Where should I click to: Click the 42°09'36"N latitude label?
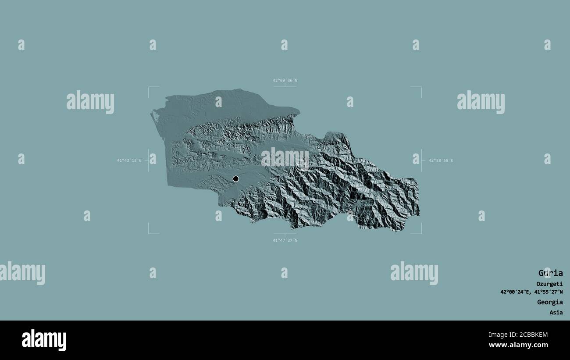click(285, 80)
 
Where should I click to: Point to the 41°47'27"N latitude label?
click(285, 240)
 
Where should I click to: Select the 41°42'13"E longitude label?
click(129, 160)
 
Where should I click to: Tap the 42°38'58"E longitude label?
click(441, 160)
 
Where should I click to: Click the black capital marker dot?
click(236, 178)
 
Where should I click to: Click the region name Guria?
click(550, 273)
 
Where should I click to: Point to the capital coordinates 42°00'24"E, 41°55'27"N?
click(531, 292)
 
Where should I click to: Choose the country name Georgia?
click(550, 302)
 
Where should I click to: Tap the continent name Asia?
click(556, 313)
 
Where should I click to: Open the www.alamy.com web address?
click(518, 345)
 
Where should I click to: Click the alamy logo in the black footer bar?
click(44, 340)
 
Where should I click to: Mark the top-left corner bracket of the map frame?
click(149, 87)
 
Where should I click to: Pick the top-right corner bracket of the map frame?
click(421, 87)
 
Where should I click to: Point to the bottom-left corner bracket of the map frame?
click(149, 233)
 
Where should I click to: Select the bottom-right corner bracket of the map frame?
click(421, 233)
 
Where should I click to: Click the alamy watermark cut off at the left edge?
click(22, 273)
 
